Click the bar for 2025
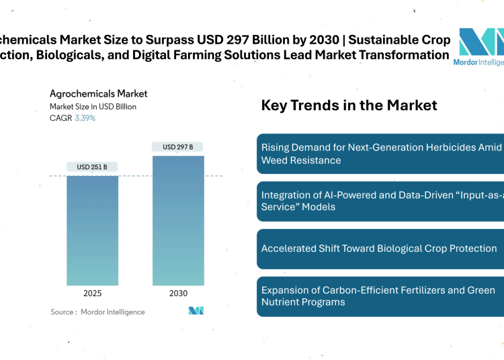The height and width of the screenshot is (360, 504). [93, 230]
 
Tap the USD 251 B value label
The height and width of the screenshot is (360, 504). [93, 167]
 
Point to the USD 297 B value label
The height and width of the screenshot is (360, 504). [178, 147]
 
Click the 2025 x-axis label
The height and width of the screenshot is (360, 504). [93, 294]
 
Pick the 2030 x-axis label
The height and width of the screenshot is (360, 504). [178, 294]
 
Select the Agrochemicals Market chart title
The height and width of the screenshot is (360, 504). [98, 94]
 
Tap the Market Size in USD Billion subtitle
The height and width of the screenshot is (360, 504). [93, 107]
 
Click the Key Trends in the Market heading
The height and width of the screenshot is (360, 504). [349, 105]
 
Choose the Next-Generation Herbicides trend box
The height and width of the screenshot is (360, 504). [380, 153]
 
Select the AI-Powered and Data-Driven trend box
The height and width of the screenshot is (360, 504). [380, 201]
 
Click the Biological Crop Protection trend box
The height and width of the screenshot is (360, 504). [380, 249]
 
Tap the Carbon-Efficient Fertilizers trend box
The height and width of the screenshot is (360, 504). [380, 296]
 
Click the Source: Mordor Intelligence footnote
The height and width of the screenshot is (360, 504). [97, 312]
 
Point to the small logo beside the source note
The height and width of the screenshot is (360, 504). [196, 310]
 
